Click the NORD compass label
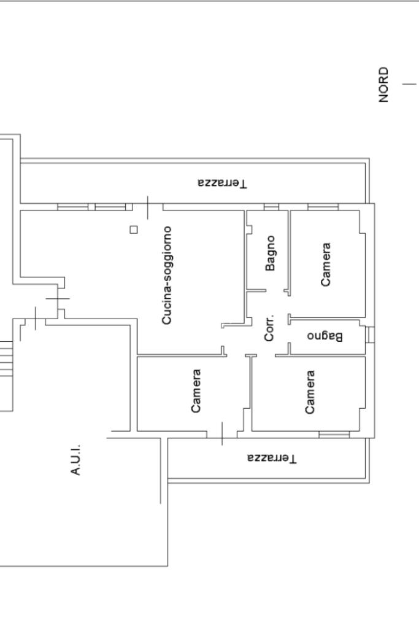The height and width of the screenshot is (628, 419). [383, 85]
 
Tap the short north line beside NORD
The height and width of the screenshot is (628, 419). [409, 84]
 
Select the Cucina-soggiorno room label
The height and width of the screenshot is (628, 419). [166, 275]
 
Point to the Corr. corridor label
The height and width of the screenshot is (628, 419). [269, 327]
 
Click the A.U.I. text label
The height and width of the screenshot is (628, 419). [75, 459]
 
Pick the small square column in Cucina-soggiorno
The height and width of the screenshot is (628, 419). [134, 230]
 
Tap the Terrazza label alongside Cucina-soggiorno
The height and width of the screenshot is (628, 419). [223, 184]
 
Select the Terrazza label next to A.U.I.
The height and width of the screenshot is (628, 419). [272, 458]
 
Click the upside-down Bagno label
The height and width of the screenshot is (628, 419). [325, 336]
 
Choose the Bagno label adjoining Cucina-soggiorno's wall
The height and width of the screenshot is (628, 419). [271, 253]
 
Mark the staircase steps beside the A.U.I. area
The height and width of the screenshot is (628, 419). [6, 359]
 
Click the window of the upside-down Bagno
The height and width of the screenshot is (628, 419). [371, 335]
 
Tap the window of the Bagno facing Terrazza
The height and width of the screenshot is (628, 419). [271, 207]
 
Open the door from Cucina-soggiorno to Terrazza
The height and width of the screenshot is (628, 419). [148, 207]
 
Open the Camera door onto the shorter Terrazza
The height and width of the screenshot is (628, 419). [222, 434]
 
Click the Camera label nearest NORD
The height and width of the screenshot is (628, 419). [326, 265]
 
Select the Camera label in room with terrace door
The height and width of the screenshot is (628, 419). [196, 391]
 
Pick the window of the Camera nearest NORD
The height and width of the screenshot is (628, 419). [323, 207]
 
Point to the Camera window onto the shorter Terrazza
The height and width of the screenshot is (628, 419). [334, 435]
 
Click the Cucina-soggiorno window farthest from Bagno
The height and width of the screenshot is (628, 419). [73, 207]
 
